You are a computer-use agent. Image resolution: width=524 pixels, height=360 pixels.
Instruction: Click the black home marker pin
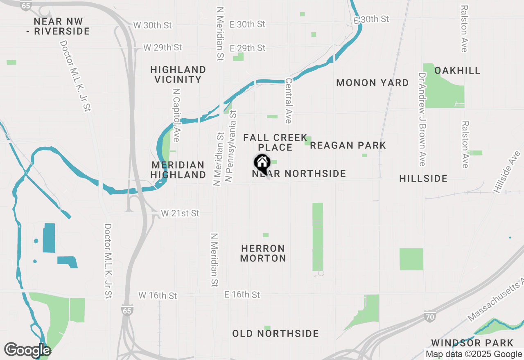coord(262,164)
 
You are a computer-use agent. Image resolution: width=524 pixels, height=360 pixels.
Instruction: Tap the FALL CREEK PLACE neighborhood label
coord(275,142)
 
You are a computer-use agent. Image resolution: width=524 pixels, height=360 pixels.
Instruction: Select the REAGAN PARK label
coord(348,145)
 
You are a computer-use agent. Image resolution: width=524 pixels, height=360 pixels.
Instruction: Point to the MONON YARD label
coord(372,83)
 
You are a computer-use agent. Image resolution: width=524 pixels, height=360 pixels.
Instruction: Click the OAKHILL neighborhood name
coord(457,70)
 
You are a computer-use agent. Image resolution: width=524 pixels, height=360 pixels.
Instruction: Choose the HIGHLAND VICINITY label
coord(178,74)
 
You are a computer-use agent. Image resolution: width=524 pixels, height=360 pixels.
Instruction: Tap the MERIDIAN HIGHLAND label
coord(178,170)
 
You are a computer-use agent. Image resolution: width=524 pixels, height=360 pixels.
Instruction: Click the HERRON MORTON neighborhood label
coord(263,253)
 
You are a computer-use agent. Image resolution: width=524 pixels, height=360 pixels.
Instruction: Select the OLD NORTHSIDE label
coord(276,333)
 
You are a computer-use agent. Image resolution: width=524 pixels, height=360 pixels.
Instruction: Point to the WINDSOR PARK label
coord(472,342)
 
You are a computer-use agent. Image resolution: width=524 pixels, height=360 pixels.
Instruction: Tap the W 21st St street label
coord(180,213)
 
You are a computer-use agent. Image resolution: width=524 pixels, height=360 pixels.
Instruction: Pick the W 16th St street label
coord(158,295)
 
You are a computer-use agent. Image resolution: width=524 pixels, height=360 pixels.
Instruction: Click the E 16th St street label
coord(242,295)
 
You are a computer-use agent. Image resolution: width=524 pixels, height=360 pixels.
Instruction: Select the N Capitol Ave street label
coord(176,115)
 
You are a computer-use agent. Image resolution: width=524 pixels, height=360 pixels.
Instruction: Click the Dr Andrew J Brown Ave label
coord(422,119)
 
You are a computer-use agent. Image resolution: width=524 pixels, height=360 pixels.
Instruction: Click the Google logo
coord(27,350)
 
